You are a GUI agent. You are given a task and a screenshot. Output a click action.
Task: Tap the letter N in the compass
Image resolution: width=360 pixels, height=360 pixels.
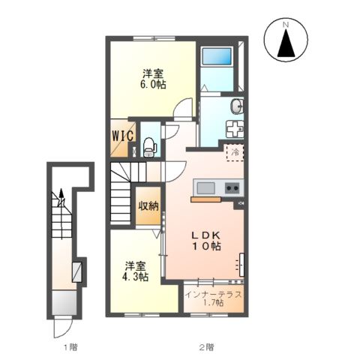coord(286,25)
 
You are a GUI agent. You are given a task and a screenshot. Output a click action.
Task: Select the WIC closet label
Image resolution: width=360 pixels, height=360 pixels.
coord(122,137)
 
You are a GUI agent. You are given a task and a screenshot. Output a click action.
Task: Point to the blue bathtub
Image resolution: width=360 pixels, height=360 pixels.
coord(217,57)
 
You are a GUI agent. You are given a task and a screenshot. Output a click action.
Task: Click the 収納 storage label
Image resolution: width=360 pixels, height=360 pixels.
coord(147,205)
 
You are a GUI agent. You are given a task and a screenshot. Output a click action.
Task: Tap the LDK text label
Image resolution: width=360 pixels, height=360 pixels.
coord(204,233)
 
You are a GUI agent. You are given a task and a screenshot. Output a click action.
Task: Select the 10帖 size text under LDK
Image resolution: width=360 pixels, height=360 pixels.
coord(205,245)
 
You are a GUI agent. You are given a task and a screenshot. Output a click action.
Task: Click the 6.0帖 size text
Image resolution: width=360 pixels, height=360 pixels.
coord(152,85)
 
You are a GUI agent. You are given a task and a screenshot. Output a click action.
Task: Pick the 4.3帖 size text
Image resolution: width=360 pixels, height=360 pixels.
coord(135,277)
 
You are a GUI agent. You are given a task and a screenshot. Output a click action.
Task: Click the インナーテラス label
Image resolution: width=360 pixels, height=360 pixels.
coord(214,293)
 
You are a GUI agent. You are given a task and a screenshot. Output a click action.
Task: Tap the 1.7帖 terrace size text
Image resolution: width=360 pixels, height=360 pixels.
coord(214,303)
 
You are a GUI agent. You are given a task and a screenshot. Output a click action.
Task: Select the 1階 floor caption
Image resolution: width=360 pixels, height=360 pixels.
coord(69,346)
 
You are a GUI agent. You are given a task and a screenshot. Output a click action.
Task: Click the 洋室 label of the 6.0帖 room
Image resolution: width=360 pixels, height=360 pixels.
coord(152,73)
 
